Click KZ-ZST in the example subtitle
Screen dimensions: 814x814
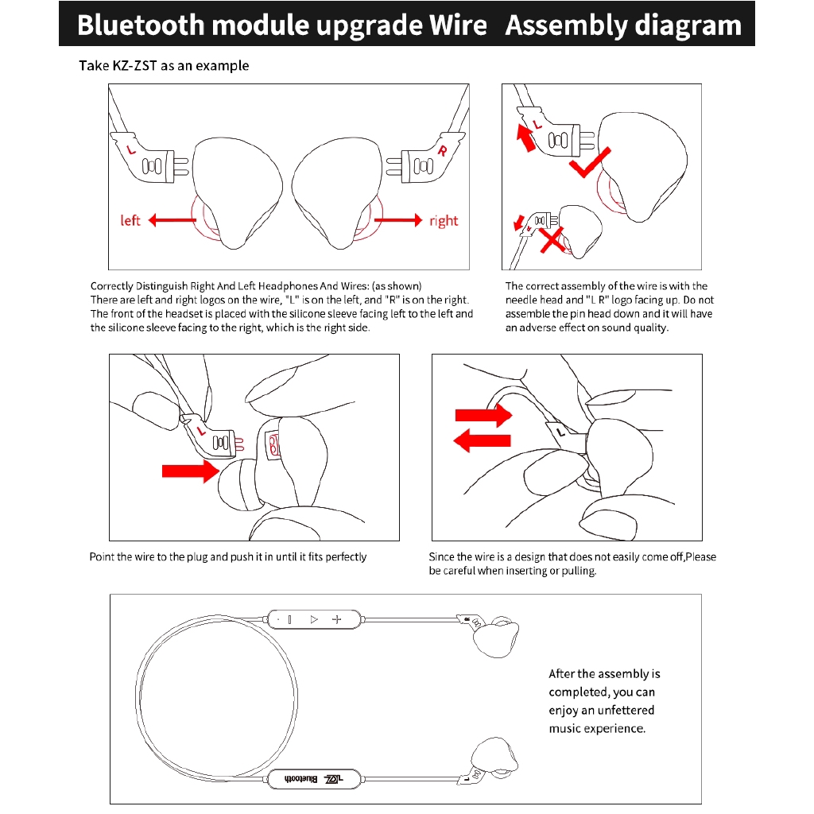pyautogui.click(x=130, y=66)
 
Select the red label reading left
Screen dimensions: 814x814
pyautogui.click(x=130, y=220)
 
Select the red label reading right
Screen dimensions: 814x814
pyautogui.click(x=444, y=220)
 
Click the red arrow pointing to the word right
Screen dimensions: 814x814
pyautogui.click(x=397, y=220)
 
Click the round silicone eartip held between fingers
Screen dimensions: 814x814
pyautogui.click(x=238, y=486)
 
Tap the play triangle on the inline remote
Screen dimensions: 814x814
pyautogui.click(x=314, y=618)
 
